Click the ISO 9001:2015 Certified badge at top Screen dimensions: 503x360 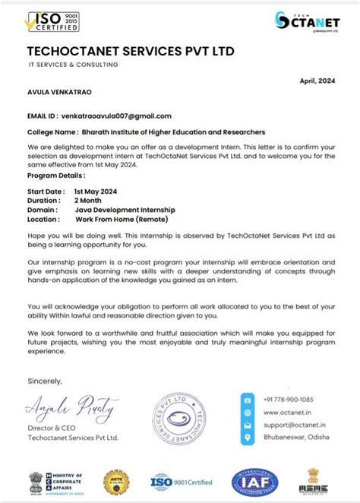(x=52, y=21)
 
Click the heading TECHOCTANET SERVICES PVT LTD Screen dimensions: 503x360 (x=131, y=51)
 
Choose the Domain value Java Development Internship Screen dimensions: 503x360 (x=125, y=209)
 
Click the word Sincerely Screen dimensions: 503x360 (x=45, y=380)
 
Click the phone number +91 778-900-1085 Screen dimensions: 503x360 (x=289, y=399)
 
